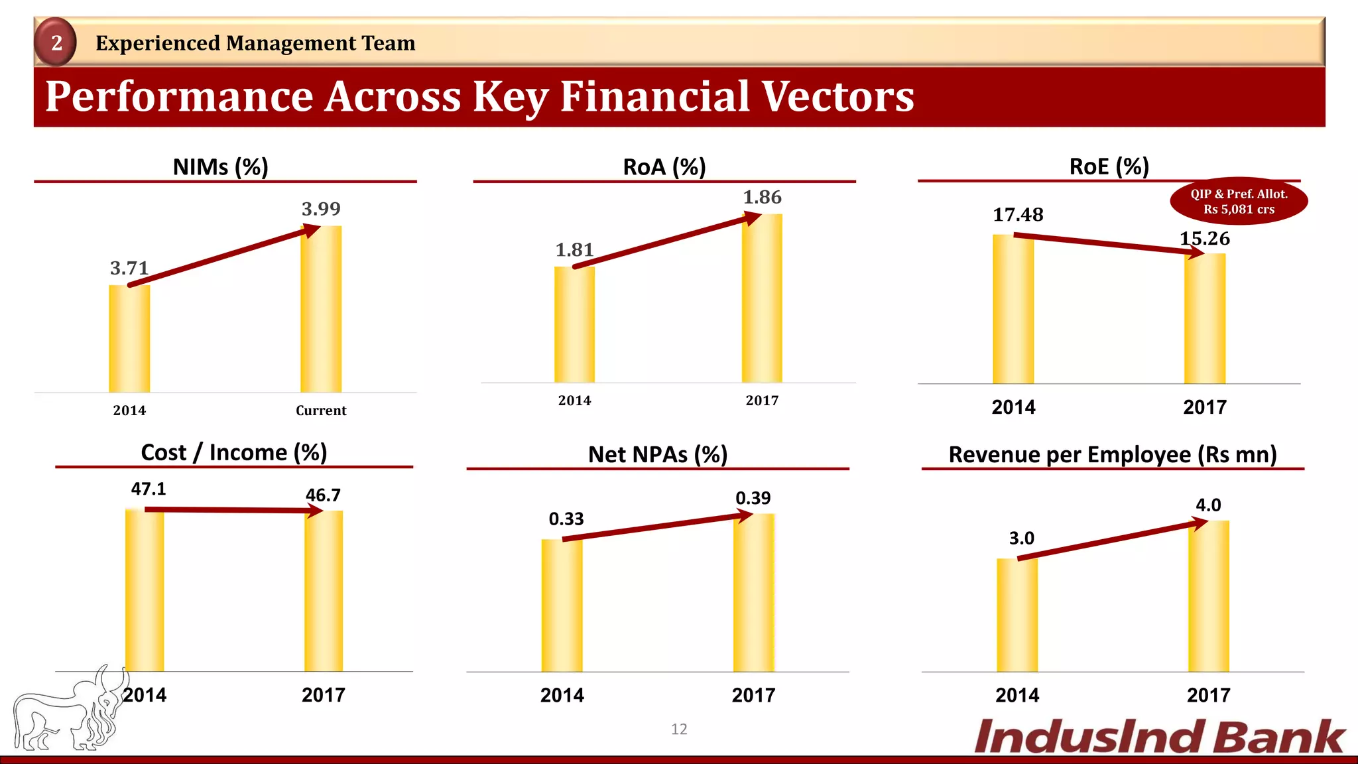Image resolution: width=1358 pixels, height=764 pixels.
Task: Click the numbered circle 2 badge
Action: click(56, 42)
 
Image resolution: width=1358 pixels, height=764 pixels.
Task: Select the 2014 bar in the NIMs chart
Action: click(129, 339)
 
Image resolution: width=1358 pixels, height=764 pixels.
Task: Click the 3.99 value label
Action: click(321, 209)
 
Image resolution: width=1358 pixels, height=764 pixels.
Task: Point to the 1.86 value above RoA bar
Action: click(762, 197)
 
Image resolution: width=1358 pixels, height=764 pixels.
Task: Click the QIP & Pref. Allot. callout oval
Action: click(1239, 202)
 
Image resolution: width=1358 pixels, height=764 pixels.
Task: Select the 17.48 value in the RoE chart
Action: click(1018, 215)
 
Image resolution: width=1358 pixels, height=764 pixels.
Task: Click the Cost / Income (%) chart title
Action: click(234, 452)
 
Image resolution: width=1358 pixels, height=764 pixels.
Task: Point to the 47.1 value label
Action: click(149, 489)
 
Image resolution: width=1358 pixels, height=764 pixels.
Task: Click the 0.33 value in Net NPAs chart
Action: click(566, 519)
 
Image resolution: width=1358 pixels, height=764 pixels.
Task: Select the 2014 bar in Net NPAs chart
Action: click(562, 605)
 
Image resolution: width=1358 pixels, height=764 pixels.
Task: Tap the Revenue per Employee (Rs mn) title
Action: click(1113, 454)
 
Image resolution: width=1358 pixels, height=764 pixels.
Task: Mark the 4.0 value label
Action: click(1208, 505)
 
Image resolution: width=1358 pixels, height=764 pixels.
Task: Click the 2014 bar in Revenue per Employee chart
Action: click(1017, 615)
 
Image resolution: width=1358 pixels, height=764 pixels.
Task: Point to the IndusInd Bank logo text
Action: click(1159, 737)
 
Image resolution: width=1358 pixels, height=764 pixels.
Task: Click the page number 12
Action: click(679, 729)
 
